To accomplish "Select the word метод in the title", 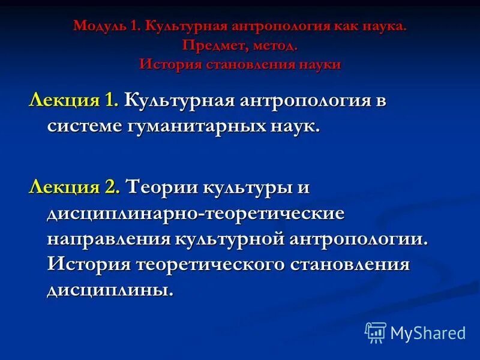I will [x=269, y=46].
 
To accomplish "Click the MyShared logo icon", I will [x=376, y=332].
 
